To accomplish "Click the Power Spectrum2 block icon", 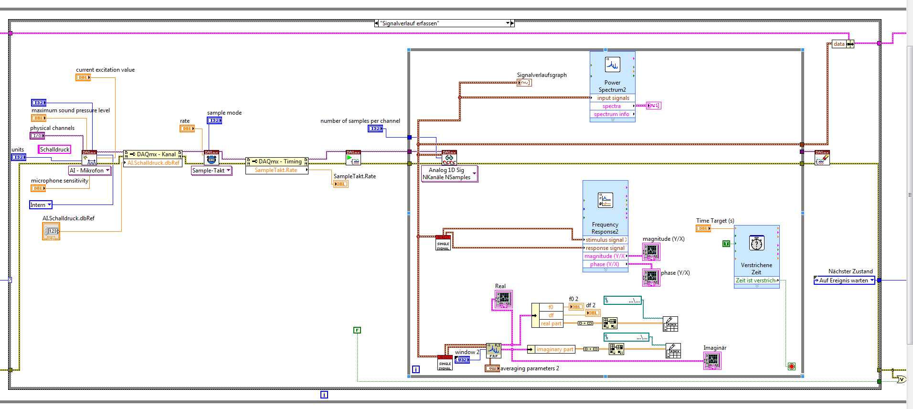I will point(612,65).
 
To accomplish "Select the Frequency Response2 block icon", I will point(605,200).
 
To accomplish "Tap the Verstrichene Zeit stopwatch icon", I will point(756,243).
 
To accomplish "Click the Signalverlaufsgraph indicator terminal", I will point(524,83).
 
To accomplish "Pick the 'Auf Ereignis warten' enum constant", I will point(844,280).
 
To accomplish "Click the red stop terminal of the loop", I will point(791,366).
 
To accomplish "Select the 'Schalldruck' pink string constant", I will point(54,150).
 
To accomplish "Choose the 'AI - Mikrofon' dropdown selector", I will point(90,171).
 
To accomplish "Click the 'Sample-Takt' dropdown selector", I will point(211,171).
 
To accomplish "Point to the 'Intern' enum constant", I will point(41,205).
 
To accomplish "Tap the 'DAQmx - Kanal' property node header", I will point(153,154).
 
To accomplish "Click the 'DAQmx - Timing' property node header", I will point(276,161).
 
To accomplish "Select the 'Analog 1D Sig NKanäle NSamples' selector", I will point(449,173).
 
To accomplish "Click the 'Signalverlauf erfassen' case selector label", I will point(444,23).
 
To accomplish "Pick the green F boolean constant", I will point(357,330).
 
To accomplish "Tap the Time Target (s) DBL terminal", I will point(703,228).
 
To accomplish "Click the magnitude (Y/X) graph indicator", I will point(651,251).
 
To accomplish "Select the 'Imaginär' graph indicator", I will point(712,360).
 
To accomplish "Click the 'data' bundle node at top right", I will point(843,44).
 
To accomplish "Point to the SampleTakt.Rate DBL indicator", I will point(340,184).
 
